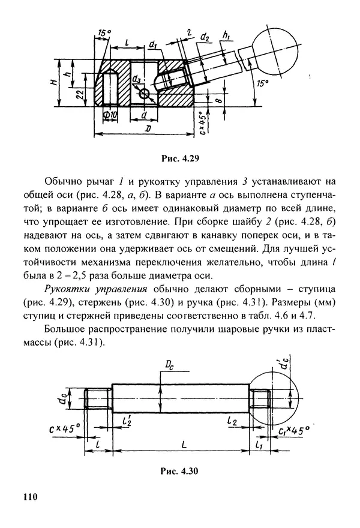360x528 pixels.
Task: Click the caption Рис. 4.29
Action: (179, 160)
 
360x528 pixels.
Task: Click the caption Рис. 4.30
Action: (179, 471)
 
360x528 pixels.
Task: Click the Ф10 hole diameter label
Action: (109, 114)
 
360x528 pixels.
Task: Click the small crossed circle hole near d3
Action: (144, 93)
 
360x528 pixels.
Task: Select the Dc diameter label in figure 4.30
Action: (172, 364)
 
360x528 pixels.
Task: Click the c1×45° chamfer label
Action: (293, 430)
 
